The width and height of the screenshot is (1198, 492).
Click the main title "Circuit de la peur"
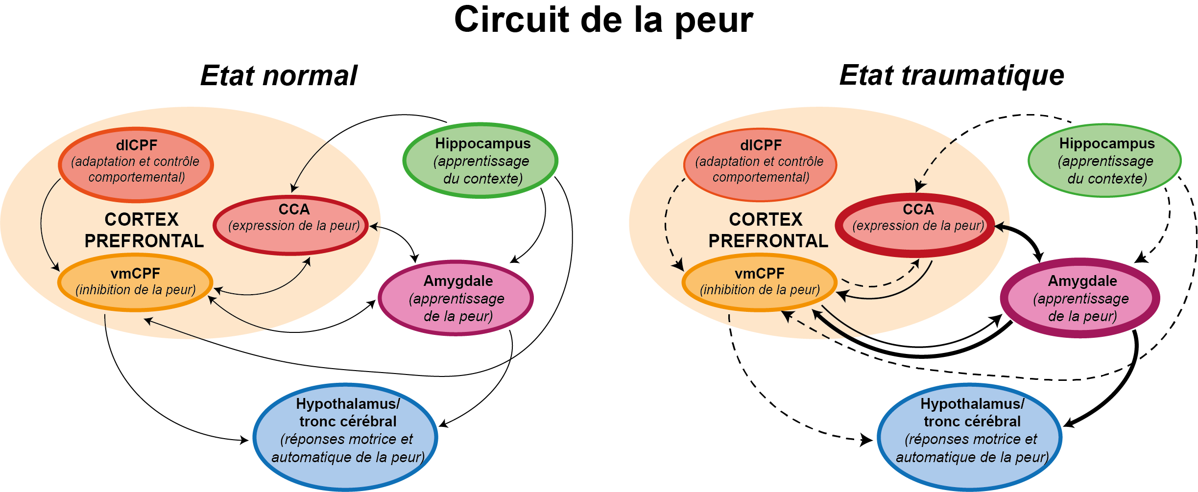(603, 21)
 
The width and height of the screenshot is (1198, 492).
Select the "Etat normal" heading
(279, 76)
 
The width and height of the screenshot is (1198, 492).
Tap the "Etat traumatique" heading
(952, 76)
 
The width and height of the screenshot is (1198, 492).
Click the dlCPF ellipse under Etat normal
(136, 164)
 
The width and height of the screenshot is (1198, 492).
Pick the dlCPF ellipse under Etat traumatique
(760, 164)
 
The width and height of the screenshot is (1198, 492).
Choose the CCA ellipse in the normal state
(291, 225)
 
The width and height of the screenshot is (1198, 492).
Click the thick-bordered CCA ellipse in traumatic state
(915, 225)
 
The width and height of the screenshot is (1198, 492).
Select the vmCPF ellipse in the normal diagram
(136, 282)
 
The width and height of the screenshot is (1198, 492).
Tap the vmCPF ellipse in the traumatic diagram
(759, 282)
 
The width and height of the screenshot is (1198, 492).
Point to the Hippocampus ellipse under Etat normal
(480, 161)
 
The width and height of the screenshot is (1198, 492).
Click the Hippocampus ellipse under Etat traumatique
(1105, 161)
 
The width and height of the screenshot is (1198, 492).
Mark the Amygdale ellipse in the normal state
(456, 298)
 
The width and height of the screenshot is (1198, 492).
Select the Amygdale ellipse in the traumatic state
(1080, 298)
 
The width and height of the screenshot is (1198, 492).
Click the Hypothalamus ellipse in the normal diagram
(346, 436)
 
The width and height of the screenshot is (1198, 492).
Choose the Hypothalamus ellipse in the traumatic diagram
(970, 436)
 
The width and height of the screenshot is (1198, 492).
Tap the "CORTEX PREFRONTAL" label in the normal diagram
(143, 230)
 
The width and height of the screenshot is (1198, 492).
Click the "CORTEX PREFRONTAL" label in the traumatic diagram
(767, 230)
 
